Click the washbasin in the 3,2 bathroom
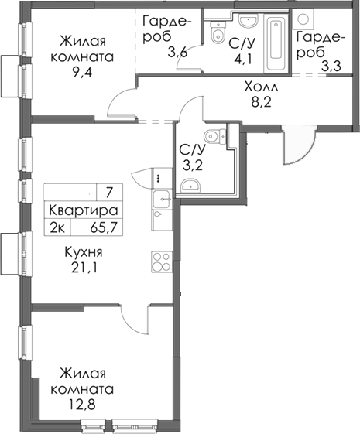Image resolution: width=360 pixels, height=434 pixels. click(x=190, y=184)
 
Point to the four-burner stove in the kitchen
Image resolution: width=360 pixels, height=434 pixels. click(x=160, y=261)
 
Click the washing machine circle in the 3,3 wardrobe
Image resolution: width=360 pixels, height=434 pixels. click(x=304, y=19)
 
